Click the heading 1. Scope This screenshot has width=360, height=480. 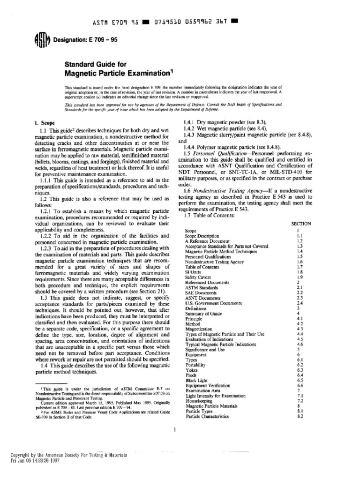click(46, 123)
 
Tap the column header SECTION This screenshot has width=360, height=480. click(301, 224)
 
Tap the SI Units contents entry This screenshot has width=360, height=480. click(194, 272)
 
